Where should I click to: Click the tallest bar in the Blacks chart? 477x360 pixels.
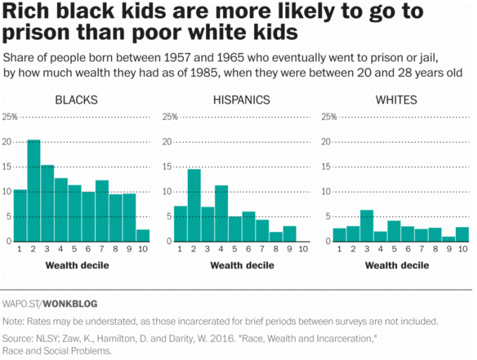coord(34,191)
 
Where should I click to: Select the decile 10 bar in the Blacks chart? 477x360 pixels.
coord(142,236)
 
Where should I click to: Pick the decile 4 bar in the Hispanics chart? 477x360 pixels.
coord(221,213)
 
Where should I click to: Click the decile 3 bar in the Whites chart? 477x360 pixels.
coord(367,226)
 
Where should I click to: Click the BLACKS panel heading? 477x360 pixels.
coord(76,100)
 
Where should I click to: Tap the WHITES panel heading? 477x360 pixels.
coord(396,100)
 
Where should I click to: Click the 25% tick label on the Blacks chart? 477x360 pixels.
coord(10,117)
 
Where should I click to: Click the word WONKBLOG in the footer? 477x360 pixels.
coord(70,304)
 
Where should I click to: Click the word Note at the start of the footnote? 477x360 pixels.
coord(13,321)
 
